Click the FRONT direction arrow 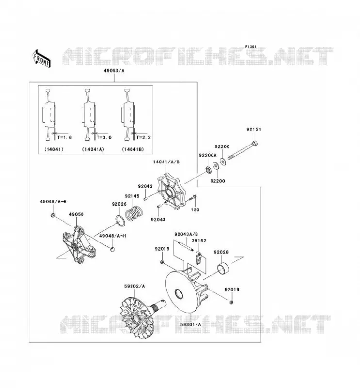[42, 59]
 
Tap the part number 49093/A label [114, 71]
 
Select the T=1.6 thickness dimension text [65, 137]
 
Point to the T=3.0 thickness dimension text [104, 137]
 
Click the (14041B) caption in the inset [133, 149]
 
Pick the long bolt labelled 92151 [243, 150]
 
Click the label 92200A [208, 155]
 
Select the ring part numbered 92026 [121, 220]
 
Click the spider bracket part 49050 [79, 245]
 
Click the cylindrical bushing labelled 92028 [223, 268]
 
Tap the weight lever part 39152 [199, 258]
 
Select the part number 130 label [195, 210]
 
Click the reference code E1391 [251, 47]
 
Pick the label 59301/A [191, 324]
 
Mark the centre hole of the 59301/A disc [179, 294]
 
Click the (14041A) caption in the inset [93, 149]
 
